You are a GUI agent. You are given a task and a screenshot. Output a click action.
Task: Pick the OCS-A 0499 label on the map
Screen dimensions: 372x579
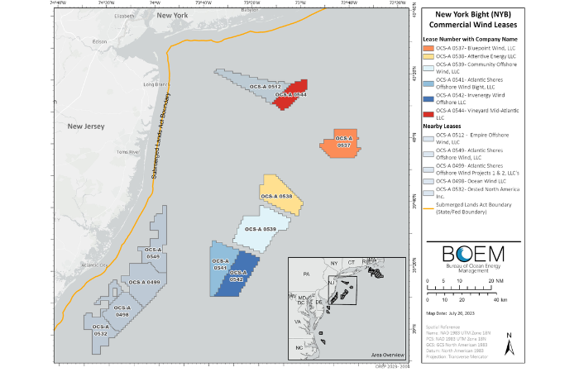click(x=144, y=282)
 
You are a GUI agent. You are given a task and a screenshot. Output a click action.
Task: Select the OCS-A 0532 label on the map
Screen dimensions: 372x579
click(x=101, y=330)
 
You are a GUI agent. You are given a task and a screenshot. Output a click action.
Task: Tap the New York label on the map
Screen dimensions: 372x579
click(x=172, y=16)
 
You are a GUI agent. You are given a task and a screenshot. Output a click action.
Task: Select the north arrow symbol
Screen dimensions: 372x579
click(x=510, y=341)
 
